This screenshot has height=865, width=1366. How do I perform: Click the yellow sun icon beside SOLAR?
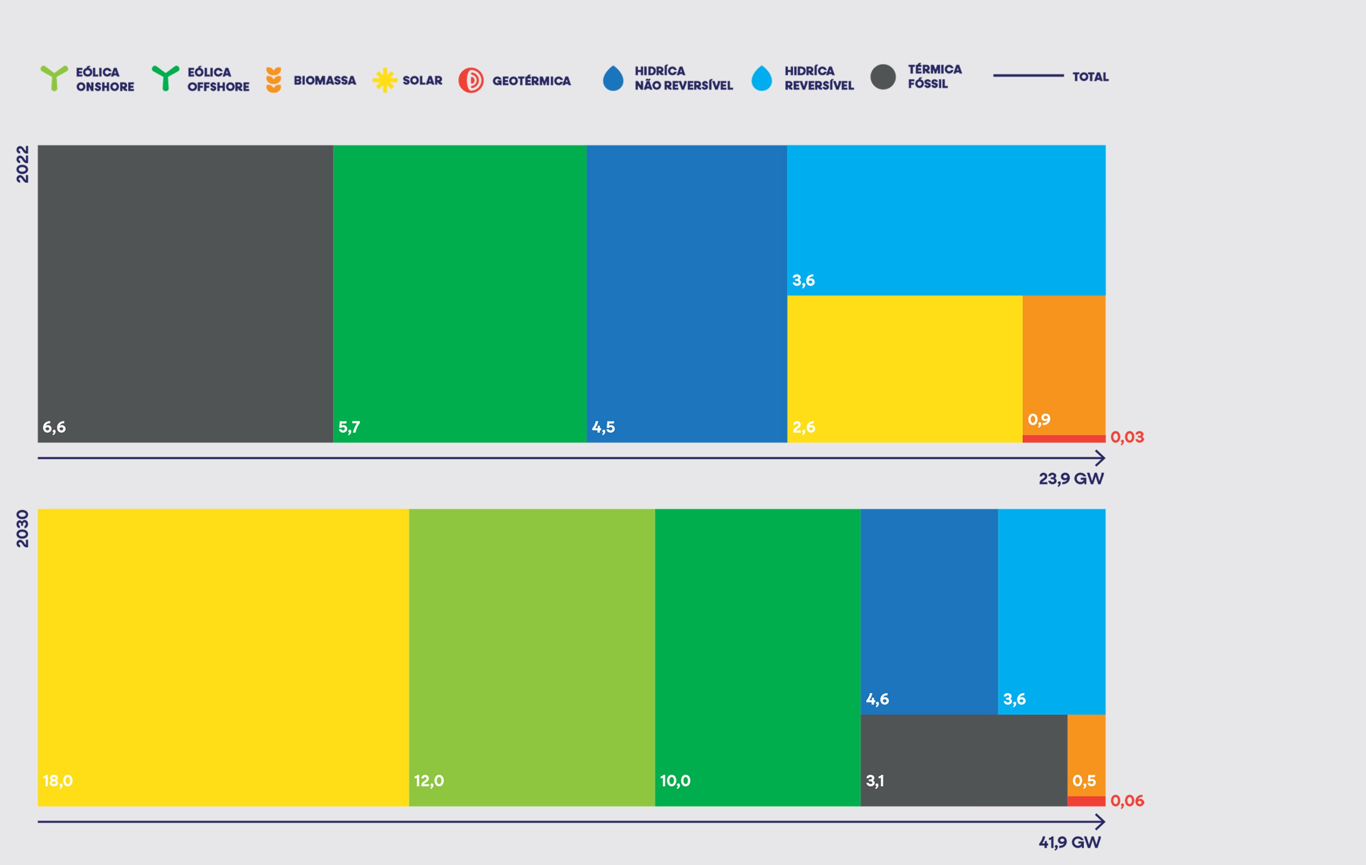[x=385, y=80]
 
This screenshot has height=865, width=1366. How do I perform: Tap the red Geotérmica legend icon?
[x=471, y=81]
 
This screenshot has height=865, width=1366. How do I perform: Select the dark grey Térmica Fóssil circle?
[x=883, y=77]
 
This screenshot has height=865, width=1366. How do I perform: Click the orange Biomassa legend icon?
[x=274, y=80]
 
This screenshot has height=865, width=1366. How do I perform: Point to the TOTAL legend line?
[x=1028, y=75]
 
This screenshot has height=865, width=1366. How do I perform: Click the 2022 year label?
[x=22, y=164]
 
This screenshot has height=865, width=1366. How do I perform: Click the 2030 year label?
[x=22, y=528]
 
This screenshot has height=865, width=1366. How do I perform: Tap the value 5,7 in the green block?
[x=349, y=427]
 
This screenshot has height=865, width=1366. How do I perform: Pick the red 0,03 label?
[x=1126, y=437]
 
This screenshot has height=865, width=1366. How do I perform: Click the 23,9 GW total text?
[x=1070, y=479]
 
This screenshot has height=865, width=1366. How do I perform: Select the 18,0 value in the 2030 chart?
[x=58, y=781]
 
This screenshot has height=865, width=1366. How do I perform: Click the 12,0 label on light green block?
[x=429, y=781]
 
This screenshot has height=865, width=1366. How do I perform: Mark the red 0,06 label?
[x=1126, y=801]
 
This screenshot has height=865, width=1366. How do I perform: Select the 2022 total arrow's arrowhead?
[x=1101, y=458]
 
